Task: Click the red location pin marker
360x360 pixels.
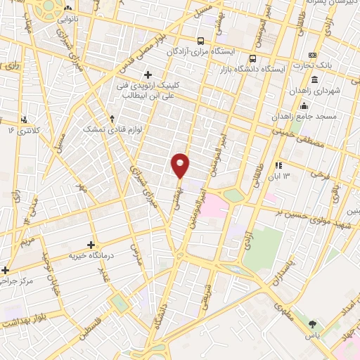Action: tap(181, 165)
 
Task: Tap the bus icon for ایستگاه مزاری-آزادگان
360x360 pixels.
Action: tap(202, 41)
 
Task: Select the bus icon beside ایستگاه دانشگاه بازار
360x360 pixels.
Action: tap(253, 59)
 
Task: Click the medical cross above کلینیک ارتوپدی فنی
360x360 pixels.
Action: tap(148, 75)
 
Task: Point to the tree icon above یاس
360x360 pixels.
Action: tap(313, 324)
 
